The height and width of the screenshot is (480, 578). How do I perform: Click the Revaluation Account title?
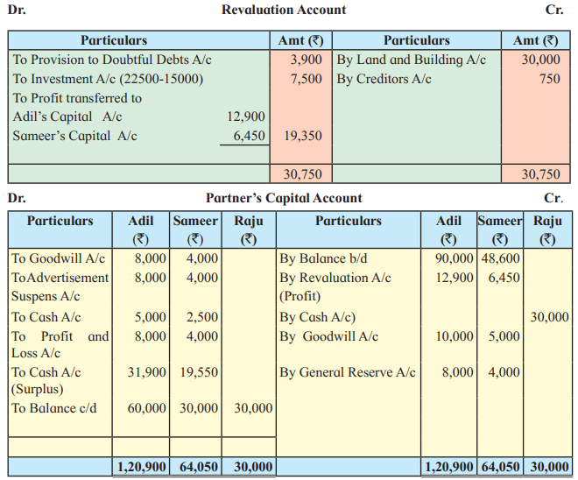(x=284, y=10)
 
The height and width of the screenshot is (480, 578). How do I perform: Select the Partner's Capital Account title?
(x=284, y=198)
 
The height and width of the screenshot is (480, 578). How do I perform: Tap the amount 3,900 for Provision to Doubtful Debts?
(x=306, y=60)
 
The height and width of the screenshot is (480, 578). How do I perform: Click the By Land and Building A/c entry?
(x=411, y=60)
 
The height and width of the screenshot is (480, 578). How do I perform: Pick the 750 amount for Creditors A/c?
(x=550, y=79)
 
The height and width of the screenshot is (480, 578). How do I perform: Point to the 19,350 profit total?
(x=303, y=136)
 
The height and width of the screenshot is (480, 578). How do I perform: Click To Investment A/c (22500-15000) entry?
(x=108, y=79)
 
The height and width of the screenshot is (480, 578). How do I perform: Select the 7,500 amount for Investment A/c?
(x=306, y=79)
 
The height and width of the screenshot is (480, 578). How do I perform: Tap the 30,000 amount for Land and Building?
(x=540, y=60)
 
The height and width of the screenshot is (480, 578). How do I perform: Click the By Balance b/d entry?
(x=323, y=258)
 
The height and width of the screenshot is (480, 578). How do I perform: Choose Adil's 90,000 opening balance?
(x=455, y=258)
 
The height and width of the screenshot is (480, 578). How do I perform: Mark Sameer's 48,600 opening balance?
(x=501, y=258)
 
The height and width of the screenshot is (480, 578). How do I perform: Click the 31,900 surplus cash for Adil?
(x=147, y=372)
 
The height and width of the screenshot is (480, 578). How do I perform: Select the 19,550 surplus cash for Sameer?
(x=199, y=372)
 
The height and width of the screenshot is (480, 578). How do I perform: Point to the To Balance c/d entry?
(x=53, y=408)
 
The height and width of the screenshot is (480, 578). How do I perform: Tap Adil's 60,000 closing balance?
(x=147, y=408)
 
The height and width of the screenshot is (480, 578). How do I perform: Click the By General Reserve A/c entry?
(x=348, y=372)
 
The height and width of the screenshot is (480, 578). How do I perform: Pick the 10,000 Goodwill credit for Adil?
(x=455, y=336)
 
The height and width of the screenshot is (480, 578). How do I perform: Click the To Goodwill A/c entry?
(x=58, y=258)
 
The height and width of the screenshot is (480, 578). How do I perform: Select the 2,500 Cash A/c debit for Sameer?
(x=202, y=317)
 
